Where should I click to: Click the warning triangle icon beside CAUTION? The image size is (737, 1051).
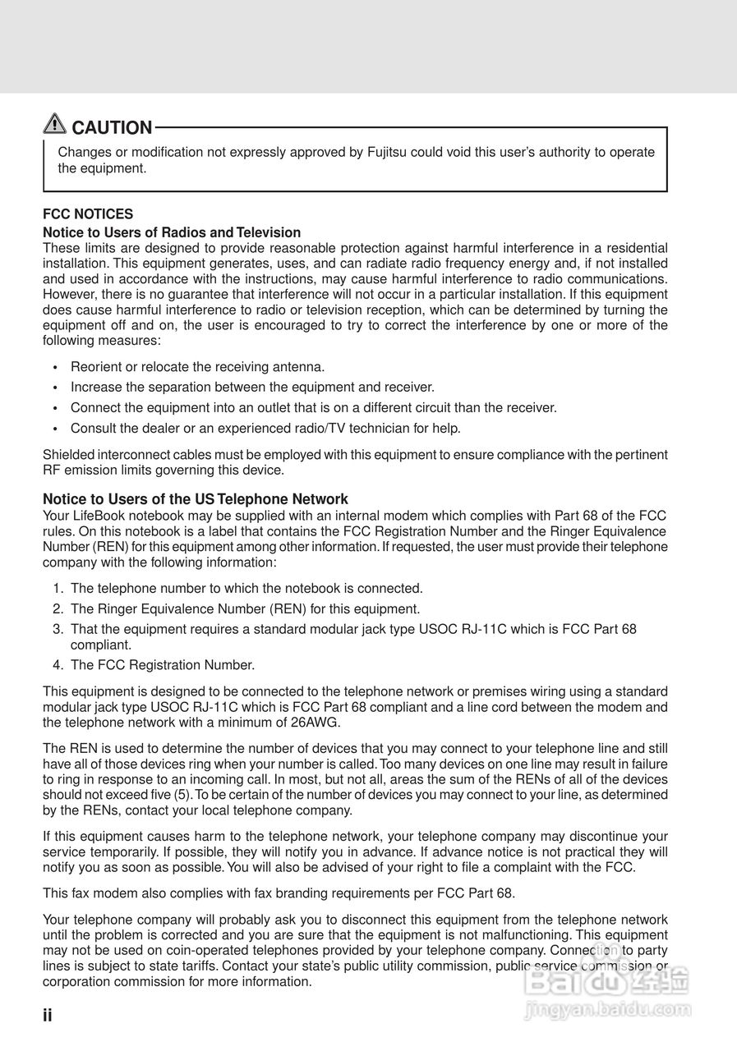click(55, 124)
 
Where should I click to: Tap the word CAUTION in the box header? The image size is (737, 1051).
click(113, 128)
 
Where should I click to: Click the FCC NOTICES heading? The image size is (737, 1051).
click(88, 214)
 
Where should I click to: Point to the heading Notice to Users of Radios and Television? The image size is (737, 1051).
click(172, 232)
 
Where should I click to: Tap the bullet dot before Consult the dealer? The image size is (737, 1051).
click(55, 429)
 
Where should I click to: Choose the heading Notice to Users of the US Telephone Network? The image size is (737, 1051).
click(196, 499)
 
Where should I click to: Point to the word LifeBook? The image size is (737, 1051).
click(100, 516)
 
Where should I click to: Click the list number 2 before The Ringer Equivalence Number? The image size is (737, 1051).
click(58, 609)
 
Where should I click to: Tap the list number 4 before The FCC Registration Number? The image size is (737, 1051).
click(58, 665)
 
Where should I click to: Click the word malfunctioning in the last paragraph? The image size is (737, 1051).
click(524, 935)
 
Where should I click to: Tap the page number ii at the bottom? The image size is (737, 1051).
click(48, 1016)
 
